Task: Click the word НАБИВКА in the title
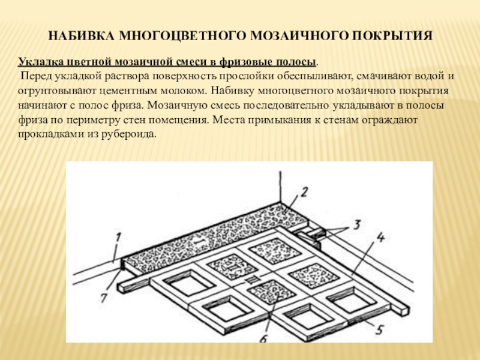coord(81,36)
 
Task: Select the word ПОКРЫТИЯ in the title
coord(392,36)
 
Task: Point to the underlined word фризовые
coord(246,62)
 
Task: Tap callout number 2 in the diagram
coord(304,192)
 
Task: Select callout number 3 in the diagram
coord(356,224)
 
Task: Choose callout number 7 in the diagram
coord(104,297)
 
